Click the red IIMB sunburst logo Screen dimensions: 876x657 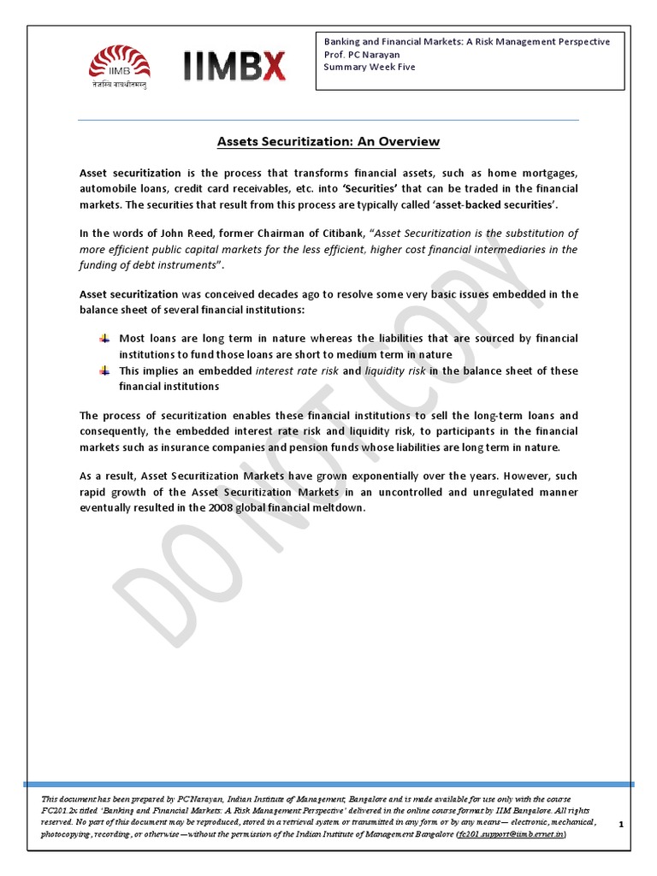(121, 62)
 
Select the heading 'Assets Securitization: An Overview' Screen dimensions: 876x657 (328, 141)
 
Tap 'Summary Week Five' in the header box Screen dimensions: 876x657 (369, 67)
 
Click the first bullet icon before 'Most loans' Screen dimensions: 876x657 (104, 339)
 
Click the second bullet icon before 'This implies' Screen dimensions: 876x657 (104, 371)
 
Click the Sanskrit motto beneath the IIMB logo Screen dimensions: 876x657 (121, 86)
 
